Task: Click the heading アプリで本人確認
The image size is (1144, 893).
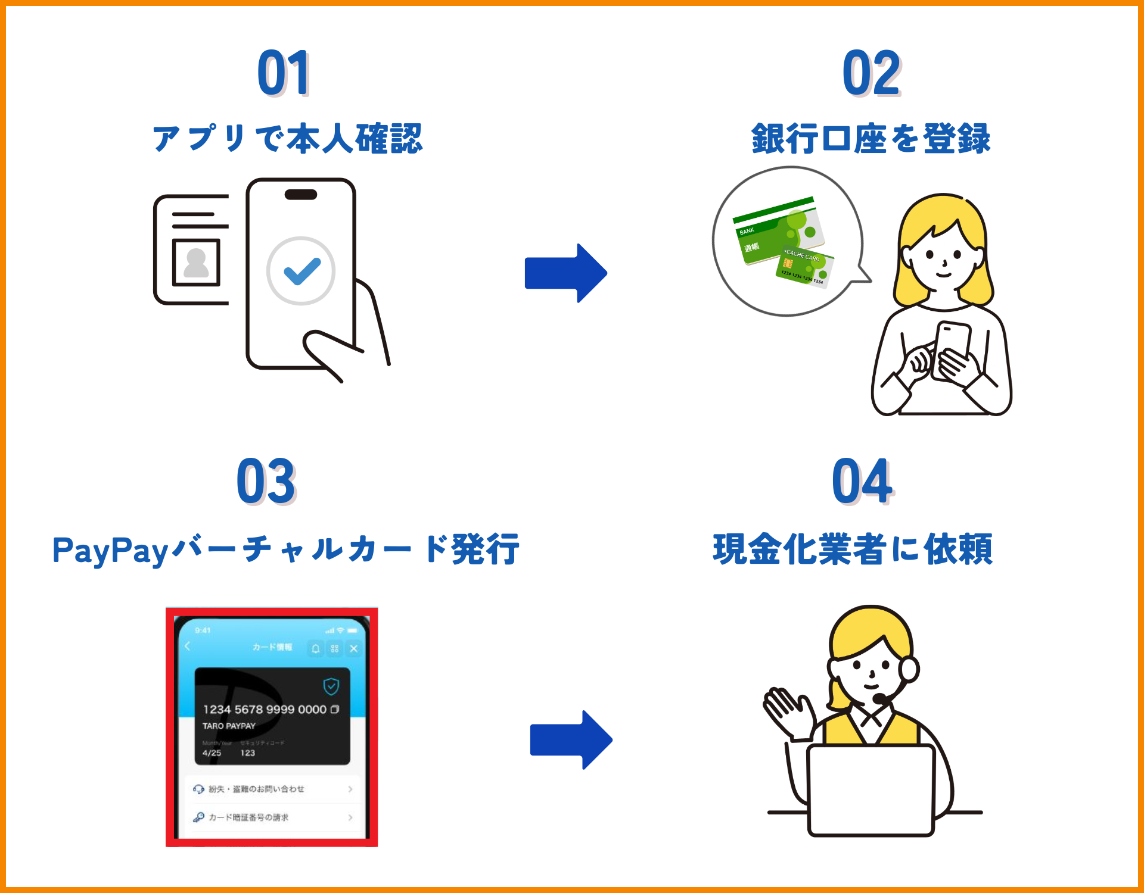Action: point(287,139)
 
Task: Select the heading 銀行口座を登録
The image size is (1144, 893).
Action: point(871,139)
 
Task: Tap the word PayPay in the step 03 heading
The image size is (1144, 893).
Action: point(110,550)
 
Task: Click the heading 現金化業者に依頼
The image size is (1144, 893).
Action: point(853,549)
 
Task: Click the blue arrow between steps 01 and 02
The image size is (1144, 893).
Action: point(565,273)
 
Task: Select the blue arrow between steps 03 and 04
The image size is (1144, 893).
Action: point(571,740)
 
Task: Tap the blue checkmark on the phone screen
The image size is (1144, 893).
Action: point(301,271)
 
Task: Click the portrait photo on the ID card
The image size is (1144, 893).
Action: point(196,263)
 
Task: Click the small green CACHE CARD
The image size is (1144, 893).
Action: point(804,267)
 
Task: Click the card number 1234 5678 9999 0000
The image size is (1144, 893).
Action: point(265,710)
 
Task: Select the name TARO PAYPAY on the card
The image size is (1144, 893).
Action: point(229,726)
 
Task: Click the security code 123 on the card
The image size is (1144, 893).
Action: point(248,753)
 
